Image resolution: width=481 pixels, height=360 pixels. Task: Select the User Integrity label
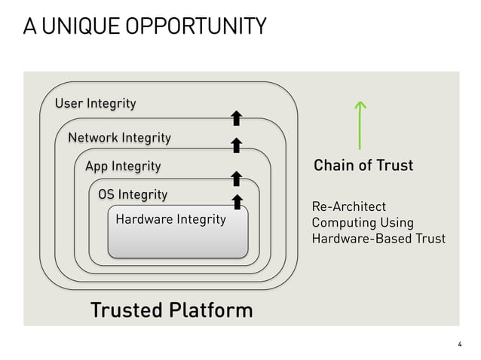tap(95, 103)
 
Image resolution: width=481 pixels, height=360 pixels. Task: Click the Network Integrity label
tap(119, 138)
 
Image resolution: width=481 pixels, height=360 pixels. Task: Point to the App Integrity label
tap(123, 166)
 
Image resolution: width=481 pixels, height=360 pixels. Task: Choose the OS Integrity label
tap(133, 194)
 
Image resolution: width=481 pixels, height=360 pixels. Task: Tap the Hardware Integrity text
tap(170, 219)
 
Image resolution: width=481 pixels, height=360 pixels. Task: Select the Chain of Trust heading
tap(363, 165)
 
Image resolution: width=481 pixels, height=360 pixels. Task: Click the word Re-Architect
tap(348, 206)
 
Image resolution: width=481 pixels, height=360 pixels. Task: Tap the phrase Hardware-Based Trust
tap(378, 239)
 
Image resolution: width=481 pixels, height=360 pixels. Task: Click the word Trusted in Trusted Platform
tap(126, 310)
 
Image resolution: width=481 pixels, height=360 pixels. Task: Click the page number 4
tap(459, 344)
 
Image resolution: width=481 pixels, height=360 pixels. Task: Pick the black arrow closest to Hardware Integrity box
tap(236, 201)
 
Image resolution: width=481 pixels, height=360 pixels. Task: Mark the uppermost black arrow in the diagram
tap(236, 117)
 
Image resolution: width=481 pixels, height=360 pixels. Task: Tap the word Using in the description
tap(397, 223)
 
